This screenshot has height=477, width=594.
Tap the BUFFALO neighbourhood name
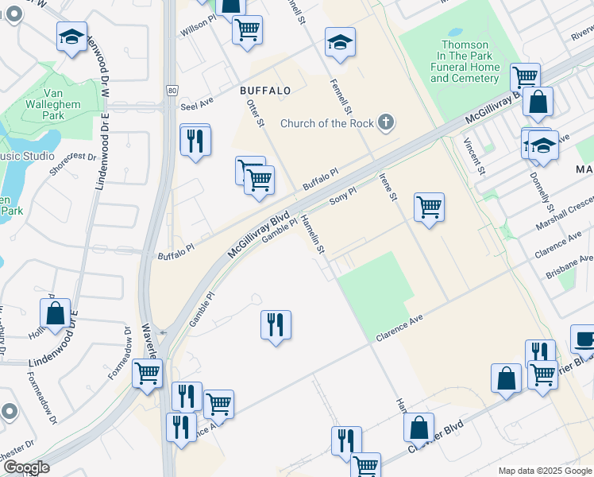(x=265, y=91)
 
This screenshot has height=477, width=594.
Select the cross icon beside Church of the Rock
(x=385, y=122)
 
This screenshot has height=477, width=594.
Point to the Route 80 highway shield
(x=172, y=89)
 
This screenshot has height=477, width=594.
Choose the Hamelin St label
(x=312, y=236)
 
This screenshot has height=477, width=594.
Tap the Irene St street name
(x=387, y=188)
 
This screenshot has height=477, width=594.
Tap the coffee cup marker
(x=584, y=339)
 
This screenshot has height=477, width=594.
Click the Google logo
(x=26, y=467)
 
